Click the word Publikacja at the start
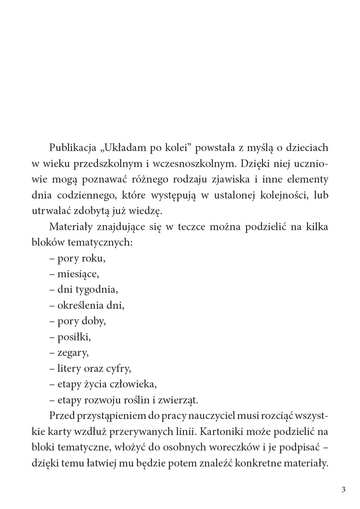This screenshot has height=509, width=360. [73, 148]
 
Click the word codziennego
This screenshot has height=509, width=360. [79, 195]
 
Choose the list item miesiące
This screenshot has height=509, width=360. [78, 274]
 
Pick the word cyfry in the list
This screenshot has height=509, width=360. [120, 368]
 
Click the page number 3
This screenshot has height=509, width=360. [344, 490]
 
